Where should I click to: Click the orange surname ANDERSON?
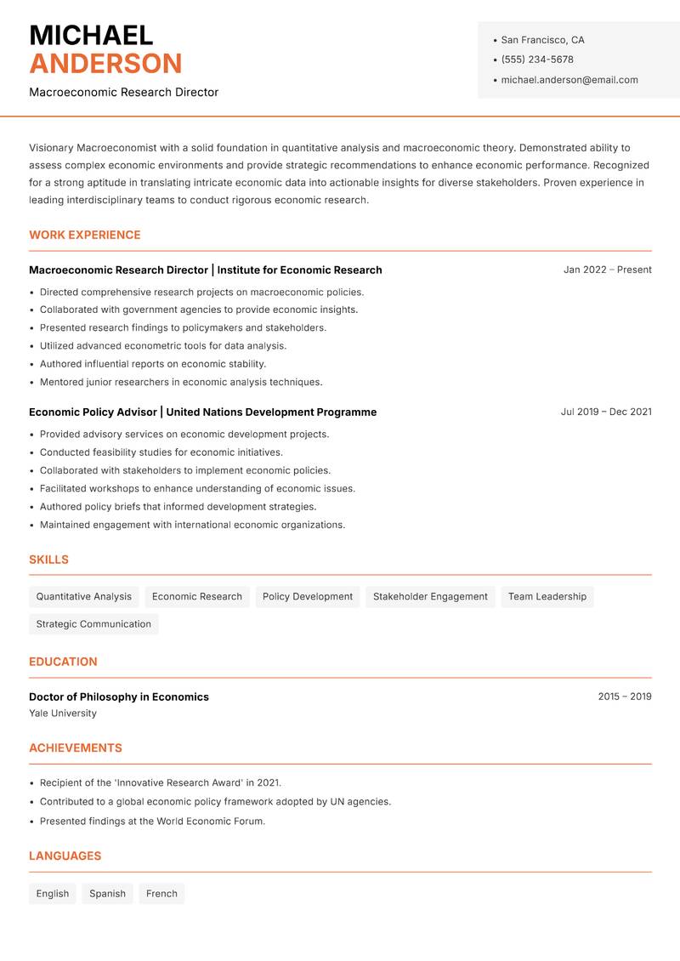(105, 64)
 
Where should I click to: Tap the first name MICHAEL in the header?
(91, 36)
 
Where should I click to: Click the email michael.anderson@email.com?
(569, 80)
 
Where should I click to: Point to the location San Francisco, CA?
(542, 40)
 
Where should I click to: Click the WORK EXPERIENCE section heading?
(85, 235)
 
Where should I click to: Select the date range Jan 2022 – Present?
(607, 270)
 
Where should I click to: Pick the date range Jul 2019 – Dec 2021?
(605, 412)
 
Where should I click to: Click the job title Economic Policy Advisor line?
(202, 412)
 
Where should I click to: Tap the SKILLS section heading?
(48, 560)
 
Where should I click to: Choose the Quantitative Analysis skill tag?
(84, 597)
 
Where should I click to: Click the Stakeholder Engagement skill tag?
(430, 597)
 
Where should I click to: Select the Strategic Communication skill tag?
(93, 624)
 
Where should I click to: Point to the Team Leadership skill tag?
(547, 597)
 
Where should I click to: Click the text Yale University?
(63, 714)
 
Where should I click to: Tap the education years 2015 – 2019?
(624, 697)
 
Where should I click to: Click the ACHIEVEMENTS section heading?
(76, 748)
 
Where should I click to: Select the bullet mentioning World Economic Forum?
(153, 822)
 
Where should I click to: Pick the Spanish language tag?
(107, 894)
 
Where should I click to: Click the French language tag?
(161, 894)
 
